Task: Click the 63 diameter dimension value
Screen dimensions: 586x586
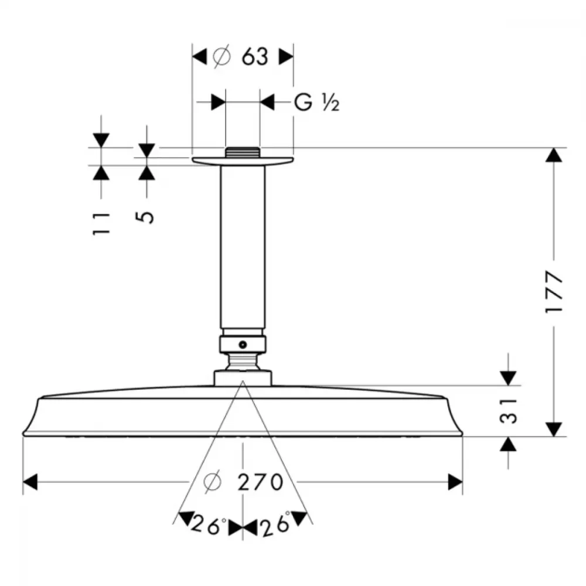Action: tap(255, 57)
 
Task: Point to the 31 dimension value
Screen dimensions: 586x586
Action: tap(508, 411)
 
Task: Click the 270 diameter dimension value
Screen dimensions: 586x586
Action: tap(261, 482)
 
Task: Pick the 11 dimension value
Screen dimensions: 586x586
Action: tap(101, 223)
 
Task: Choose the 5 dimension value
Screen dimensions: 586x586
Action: tap(145, 217)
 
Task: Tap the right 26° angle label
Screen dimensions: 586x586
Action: tap(276, 524)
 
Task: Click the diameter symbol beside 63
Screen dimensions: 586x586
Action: tap(222, 57)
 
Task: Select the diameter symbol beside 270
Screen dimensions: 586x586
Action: tap(213, 482)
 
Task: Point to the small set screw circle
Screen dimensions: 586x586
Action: tap(243, 345)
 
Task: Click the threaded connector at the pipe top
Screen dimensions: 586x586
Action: tap(243, 152)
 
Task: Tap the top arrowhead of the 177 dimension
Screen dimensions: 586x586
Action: tap(554, 155)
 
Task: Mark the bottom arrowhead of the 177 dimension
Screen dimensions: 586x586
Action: tap(554, 430)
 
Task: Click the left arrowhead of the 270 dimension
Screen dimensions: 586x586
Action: tap(30, 482)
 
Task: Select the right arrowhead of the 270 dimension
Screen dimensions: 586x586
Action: tap(455, 482)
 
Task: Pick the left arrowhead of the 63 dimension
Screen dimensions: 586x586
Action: tap(199, 57)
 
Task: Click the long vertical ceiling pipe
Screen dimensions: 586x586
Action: tap(243, 247)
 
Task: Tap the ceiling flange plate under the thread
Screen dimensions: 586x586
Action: tap(243, 161)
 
